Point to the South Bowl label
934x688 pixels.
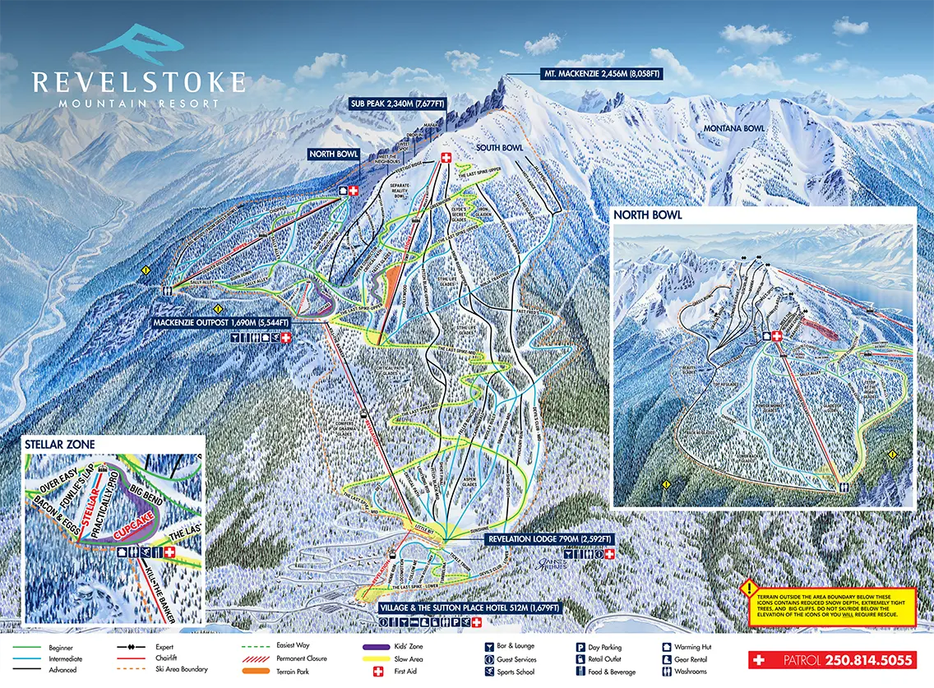(x=500, y=148)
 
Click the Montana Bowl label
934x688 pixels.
(x=733, y=128)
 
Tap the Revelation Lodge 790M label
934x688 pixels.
(x=550, y=539)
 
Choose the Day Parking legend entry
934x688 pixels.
(x=610, y=647)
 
